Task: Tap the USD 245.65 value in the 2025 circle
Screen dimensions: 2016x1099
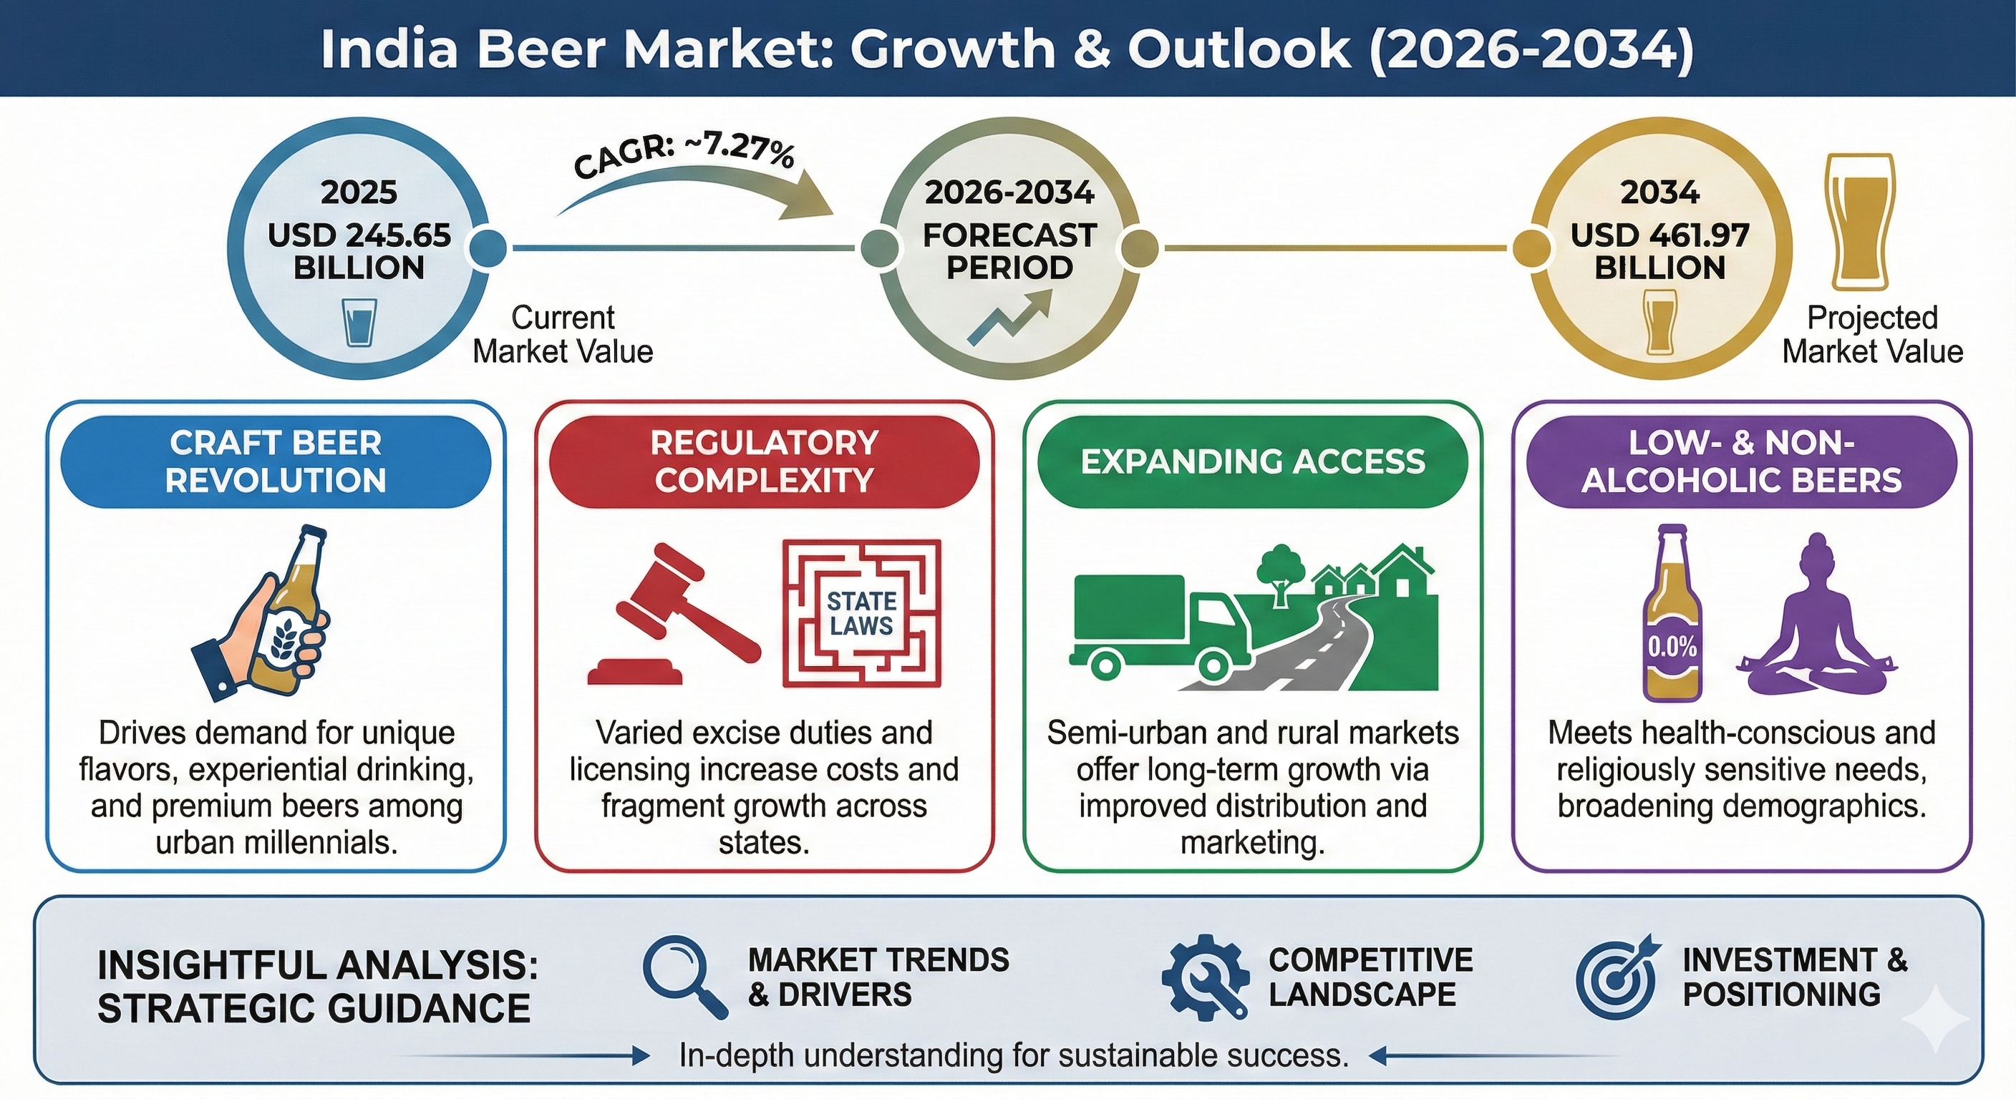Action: (x=359, y=235)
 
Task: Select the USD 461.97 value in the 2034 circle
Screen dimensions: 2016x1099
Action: (x=1660, y=235)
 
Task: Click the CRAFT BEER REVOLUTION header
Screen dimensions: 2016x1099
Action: (x=276, y=461)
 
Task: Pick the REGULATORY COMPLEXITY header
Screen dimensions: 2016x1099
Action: (x=765, y=461)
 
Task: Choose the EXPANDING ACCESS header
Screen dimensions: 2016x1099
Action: (x=1253, y=461)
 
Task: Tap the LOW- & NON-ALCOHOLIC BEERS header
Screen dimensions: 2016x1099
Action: (x=1741, y=461)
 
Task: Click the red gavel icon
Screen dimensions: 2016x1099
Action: (x=673, y=615)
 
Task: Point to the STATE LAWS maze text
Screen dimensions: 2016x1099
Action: (x=862, y=613)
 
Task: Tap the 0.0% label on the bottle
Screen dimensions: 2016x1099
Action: (x=1672, y=646)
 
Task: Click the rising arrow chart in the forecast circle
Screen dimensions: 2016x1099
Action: (x=1010, y=318)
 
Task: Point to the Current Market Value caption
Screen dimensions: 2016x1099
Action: (x=563, y=334)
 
